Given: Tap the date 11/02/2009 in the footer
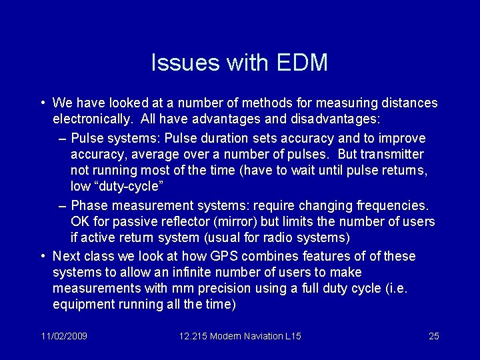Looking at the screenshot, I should click(x=63, y=336).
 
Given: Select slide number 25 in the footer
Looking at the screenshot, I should click(x=433, y=336).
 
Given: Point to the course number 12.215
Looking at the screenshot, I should click(x=193, y=336).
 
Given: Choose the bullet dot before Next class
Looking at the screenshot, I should click(x=42, y=256).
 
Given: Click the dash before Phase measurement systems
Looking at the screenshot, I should click(x=62, y=205).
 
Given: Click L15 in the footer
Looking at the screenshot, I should click(x=293, y=336).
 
